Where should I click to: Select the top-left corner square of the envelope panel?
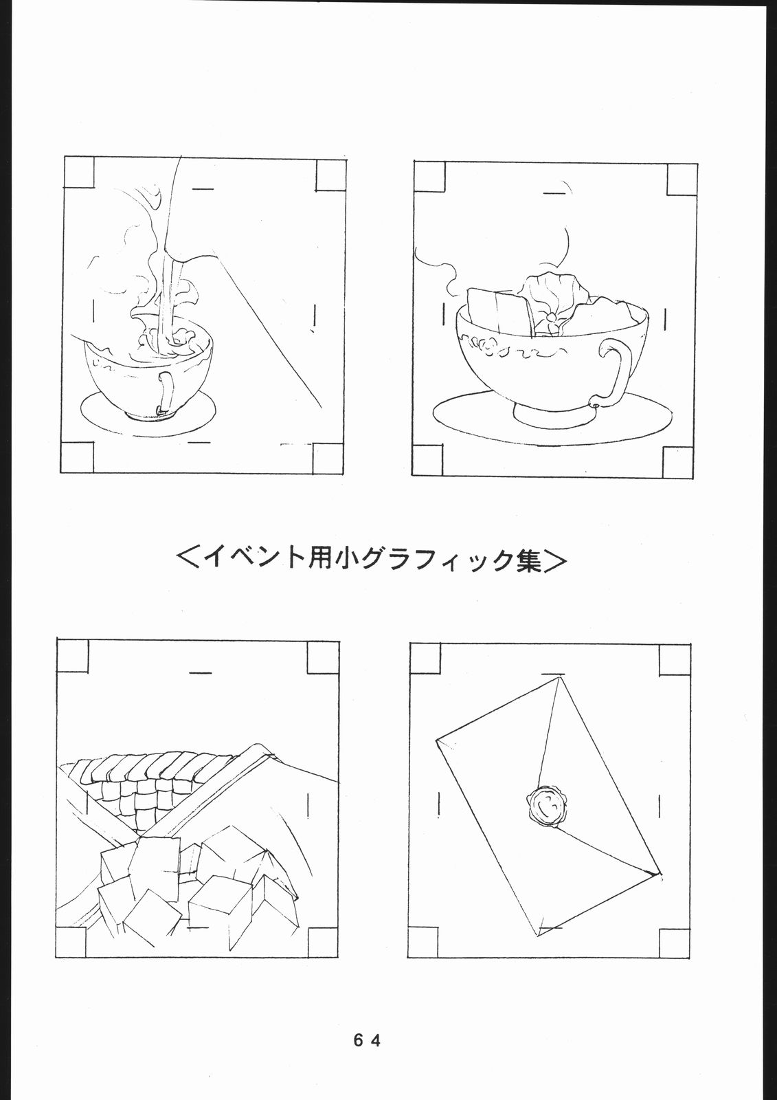pos(425,658)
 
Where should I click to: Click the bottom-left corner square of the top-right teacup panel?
pos(427,459)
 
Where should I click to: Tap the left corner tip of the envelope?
pos(438,741)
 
